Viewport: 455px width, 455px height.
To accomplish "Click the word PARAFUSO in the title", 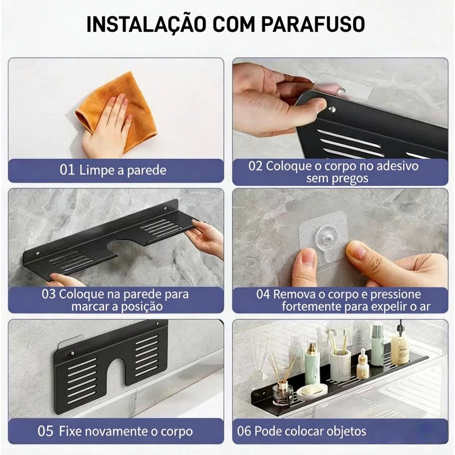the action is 313,24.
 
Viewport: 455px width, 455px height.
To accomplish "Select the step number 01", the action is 67,169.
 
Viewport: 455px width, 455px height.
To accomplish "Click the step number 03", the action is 48,294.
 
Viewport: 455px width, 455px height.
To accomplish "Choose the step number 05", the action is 45,431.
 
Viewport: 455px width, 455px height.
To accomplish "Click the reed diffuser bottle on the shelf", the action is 282,388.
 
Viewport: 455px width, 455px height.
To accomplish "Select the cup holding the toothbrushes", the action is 341,365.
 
